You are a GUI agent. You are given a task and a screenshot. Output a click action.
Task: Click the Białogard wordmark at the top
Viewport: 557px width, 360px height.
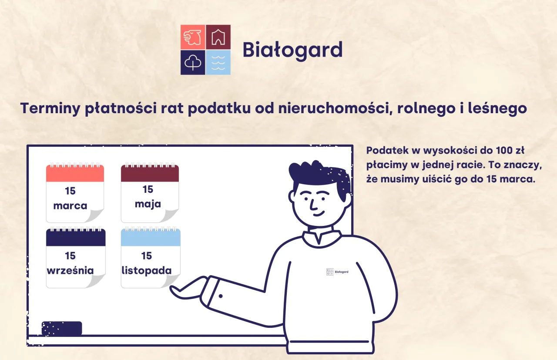(x=292, y=50)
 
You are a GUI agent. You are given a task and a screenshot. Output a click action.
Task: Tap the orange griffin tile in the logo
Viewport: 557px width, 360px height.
(x=193, y=37)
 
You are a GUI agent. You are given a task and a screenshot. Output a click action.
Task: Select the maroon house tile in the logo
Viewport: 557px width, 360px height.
(x=218, y=37)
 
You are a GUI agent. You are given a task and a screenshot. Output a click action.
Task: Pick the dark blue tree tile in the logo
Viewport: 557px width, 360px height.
(x=193, y=62)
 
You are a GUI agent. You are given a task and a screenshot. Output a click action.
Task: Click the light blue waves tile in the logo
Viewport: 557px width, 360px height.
(x=218, y=62)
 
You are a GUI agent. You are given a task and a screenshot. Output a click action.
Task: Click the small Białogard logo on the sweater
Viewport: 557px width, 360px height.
(x=337, y=272)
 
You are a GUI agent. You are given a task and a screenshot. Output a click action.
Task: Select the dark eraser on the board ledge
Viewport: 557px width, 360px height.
(x=62, y=328)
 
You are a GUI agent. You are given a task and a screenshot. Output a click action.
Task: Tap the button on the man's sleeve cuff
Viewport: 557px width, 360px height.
(x=221, y=296)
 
